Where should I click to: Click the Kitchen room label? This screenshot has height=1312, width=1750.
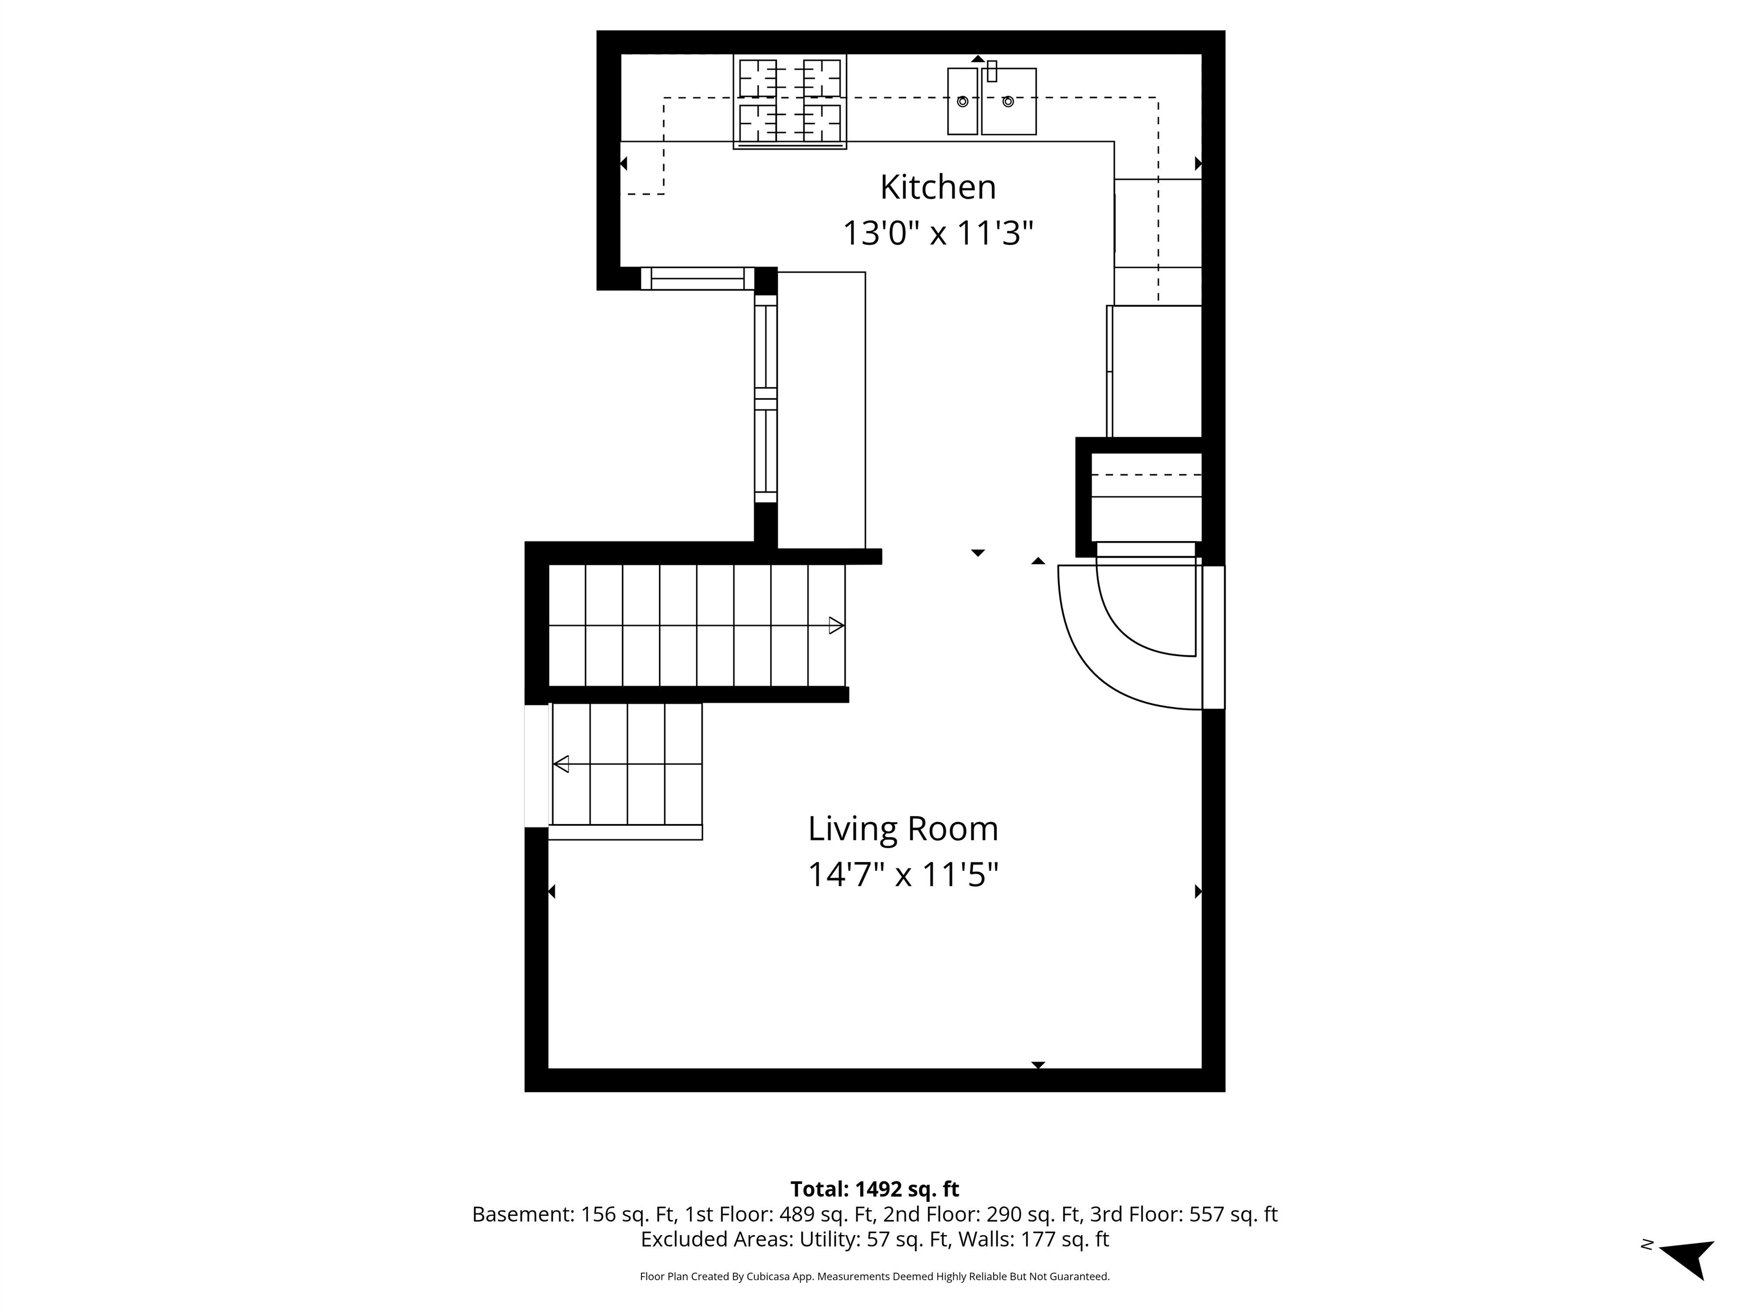pos(938,187)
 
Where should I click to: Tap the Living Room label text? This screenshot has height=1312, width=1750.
pos(903,829)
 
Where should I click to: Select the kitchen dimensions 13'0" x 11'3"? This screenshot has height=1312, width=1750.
pos(938,233)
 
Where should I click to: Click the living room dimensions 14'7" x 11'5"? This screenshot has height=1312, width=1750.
pos(903,875)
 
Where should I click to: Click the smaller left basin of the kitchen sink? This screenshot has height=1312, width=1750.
pos(962,101)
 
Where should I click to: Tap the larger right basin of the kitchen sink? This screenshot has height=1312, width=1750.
pos(1009,101)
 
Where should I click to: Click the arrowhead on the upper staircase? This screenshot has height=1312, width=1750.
pos(836,626)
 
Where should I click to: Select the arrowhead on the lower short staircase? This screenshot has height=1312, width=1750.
pos(562,764)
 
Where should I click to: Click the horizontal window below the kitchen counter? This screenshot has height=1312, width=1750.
pos(697,278)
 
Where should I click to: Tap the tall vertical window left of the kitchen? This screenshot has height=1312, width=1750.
pos(765,399)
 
